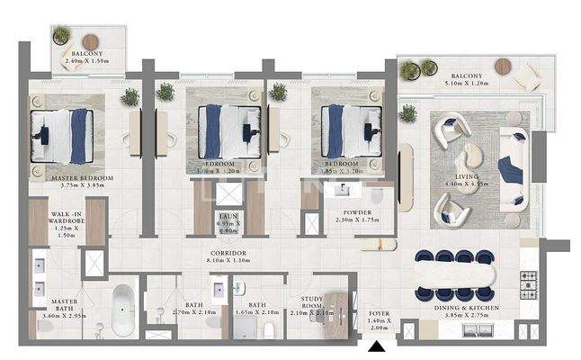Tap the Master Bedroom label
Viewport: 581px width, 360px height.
[82, 178]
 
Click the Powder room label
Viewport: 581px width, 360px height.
[356, 213]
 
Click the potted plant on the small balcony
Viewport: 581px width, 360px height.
[61, 36]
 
